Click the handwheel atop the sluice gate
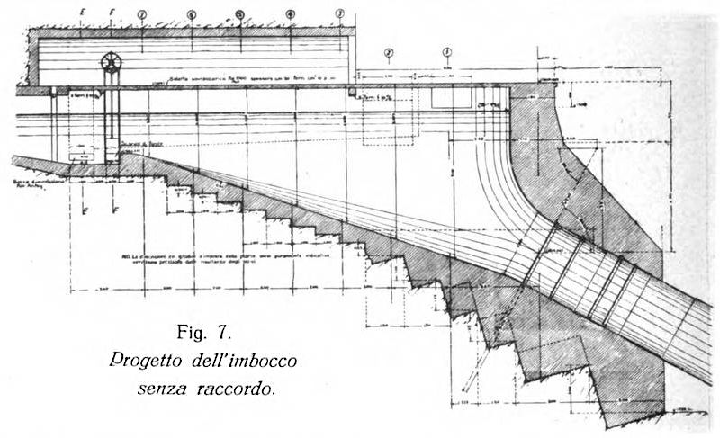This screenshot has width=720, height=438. coord(112,64)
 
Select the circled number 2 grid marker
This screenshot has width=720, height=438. coord(389,53)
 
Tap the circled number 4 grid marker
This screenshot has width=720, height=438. coord(290,14)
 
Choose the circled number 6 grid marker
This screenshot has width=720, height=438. coord(191,14)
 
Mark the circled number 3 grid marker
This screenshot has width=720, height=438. coord(339,14)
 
